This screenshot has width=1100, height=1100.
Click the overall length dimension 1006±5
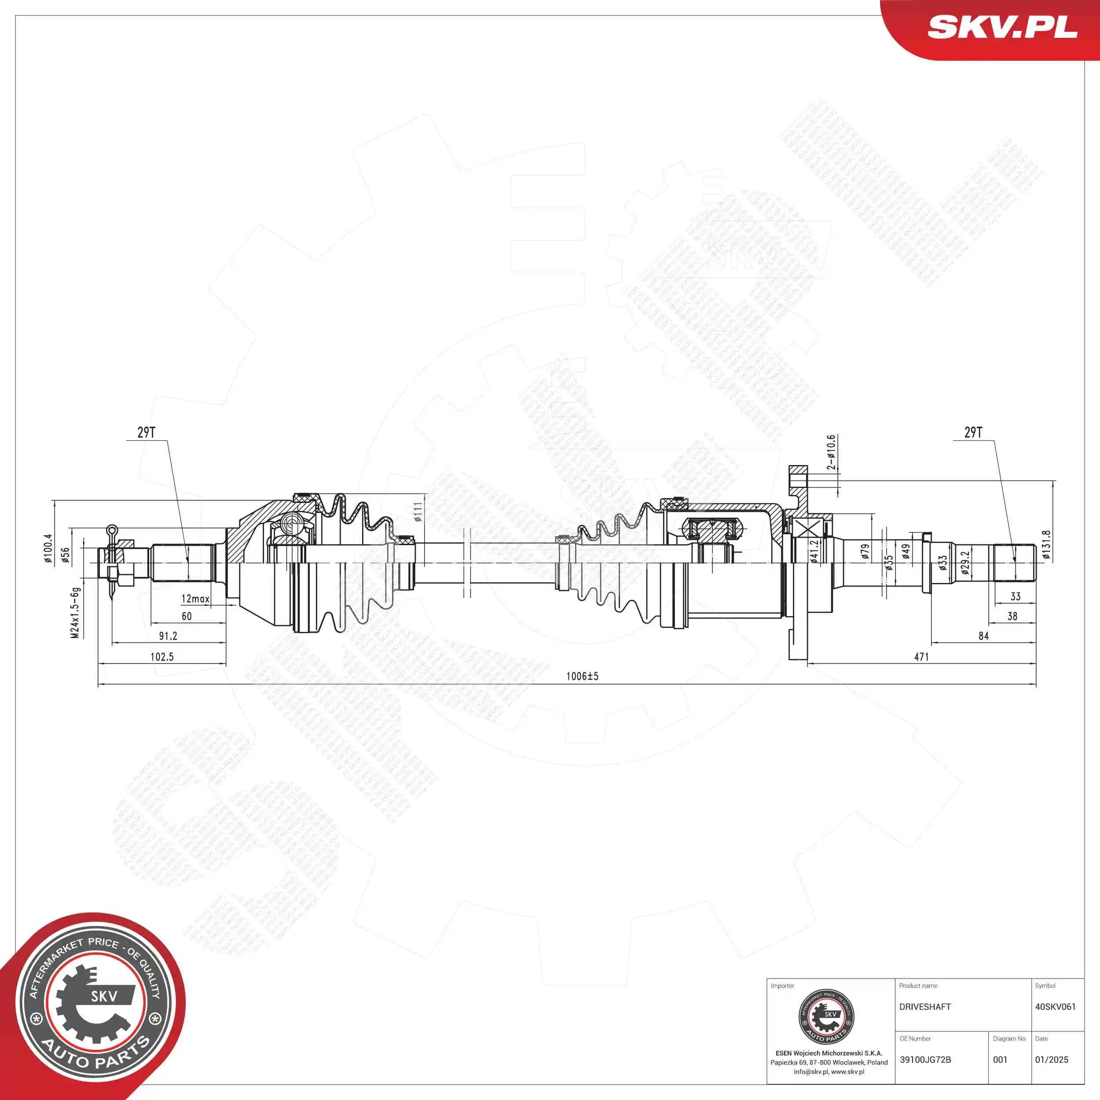(x=582, y=676)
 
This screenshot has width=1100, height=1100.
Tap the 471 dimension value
(x=921, y=656)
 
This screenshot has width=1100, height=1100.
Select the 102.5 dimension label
(x=161, y=656)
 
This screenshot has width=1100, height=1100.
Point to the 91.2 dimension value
(x=168, y=636)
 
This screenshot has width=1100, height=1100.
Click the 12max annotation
(x=195, y=599)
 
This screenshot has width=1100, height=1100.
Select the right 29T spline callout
(x=973, y=432)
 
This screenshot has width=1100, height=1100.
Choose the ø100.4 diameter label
(x=48, y=549)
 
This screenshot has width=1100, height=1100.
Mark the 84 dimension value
(x=983, y=636)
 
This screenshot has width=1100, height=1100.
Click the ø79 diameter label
(x=865, y=552)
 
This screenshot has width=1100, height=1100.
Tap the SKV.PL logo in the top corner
(x=1002, y=27)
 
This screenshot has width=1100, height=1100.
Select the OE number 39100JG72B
(x=925, y=1060)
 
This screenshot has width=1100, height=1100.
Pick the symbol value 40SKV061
(x=1055, y=1007)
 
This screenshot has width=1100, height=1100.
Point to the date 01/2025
(x=1052, y=1060)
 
